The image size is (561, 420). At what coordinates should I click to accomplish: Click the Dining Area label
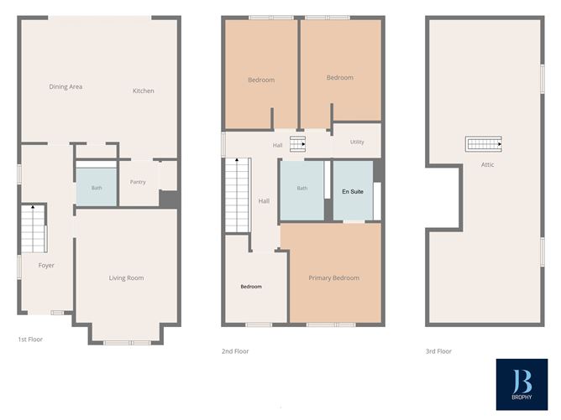click(x=66, y=87)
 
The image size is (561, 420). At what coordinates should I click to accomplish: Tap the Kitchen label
click(x=143, y=91)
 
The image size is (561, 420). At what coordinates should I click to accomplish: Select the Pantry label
click(x=138, y=182)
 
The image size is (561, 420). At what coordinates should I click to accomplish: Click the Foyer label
click(x=46, y=266)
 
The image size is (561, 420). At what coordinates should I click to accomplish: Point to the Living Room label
click(x=126, y=277)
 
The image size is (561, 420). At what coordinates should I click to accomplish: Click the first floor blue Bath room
click(x=97, y=187)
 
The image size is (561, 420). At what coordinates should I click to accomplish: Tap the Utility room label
click(x=357, y=142)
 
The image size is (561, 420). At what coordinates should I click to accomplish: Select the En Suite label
click(x=353, y=192)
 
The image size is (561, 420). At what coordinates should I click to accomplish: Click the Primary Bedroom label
click(x=333, y=277)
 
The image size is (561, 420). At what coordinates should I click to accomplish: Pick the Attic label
click(x=487, y=164)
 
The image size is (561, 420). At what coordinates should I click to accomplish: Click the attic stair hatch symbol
click(x=484, y=144)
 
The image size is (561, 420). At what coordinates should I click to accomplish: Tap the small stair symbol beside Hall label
click(x=297, y=144)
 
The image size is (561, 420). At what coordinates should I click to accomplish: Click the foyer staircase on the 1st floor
click(x=34, y=229)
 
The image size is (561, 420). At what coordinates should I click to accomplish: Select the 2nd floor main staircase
click(x=238, y=195)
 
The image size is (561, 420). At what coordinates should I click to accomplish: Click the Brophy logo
click(x=522, y=384)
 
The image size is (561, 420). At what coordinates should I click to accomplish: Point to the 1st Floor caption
click(x=30, y=340)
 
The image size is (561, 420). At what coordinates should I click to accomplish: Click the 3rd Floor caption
click(x=438, y=351)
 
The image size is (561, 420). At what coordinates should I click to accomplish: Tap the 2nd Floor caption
click(x=235, y=351)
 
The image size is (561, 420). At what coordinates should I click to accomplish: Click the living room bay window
click(x=127, y=343)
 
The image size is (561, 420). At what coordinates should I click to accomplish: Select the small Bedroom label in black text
click(x=251, y=287)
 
